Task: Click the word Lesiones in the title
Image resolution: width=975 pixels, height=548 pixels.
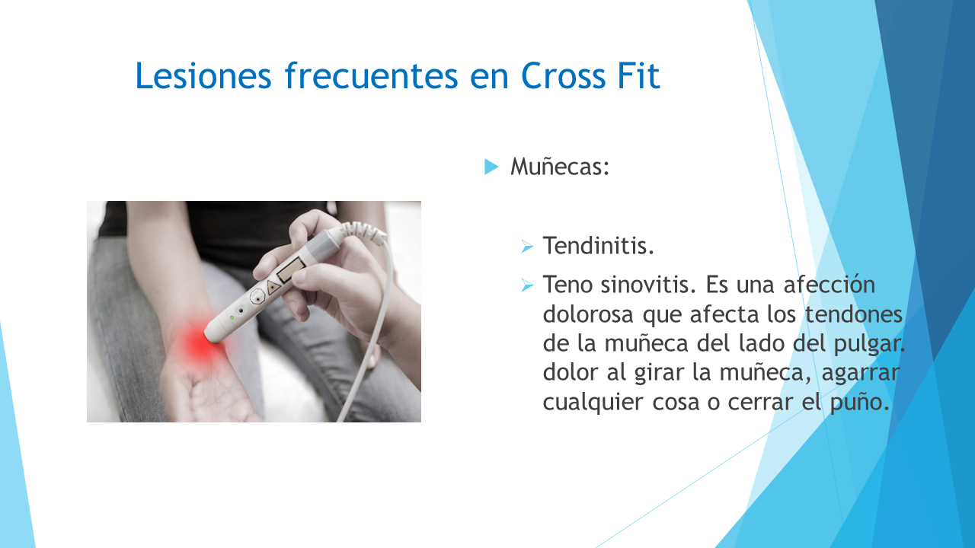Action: (203, 75)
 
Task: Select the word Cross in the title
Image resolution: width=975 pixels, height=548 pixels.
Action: (563, 75)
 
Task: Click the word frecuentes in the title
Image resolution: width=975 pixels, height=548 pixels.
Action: (371, 75)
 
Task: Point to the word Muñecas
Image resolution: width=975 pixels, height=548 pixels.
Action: (560, 167)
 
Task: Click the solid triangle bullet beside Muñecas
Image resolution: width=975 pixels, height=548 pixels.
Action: (491, 167)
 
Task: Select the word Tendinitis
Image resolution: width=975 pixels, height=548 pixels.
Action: (599, 246)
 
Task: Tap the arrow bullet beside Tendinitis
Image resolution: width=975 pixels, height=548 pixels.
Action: (526, 247)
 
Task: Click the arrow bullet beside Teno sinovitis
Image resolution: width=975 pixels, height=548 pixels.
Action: (526, 285)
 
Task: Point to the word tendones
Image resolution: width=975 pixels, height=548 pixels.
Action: (854, 314)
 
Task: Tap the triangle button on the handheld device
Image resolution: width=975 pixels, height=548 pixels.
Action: (273, 288)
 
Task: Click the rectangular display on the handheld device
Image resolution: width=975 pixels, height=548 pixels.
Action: (290, 269)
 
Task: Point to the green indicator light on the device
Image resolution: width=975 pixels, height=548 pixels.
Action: (232, 317)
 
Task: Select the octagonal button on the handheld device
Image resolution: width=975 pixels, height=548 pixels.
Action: (257, 297)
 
